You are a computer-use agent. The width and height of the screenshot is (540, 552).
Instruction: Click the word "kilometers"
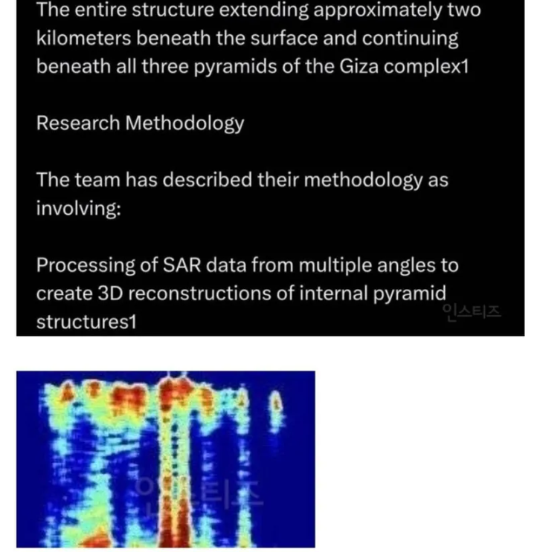point(84,38)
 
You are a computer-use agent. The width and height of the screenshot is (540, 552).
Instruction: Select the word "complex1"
point(426,67)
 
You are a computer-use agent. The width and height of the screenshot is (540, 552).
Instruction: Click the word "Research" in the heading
point(78,123)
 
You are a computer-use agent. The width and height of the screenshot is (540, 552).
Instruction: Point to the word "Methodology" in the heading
point(184,124)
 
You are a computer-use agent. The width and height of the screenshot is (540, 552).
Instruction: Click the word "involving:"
point(79,209)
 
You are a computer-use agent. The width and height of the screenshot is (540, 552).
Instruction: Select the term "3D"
point(109,293)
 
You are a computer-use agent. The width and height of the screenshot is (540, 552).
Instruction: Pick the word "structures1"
point(86,322)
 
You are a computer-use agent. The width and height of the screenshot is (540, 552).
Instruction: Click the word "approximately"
point(378,10)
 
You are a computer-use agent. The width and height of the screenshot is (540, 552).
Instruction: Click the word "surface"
point(284,38)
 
